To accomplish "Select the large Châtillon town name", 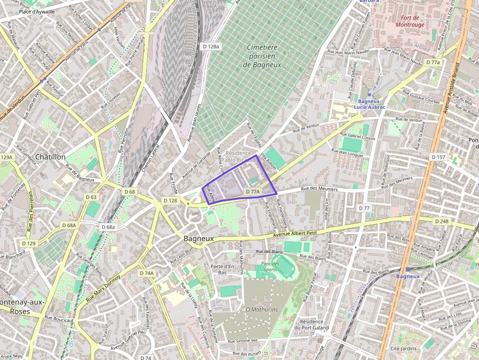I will click(50, 157).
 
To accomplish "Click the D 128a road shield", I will click(211, 46).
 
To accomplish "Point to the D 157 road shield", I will click(438, 157).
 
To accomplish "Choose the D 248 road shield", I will click(441, 221).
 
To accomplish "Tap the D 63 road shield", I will click(91, 197).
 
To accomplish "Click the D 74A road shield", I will click(146, 273).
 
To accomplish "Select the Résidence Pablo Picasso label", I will click(239, 156).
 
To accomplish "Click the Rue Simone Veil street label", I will click(240, 340).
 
